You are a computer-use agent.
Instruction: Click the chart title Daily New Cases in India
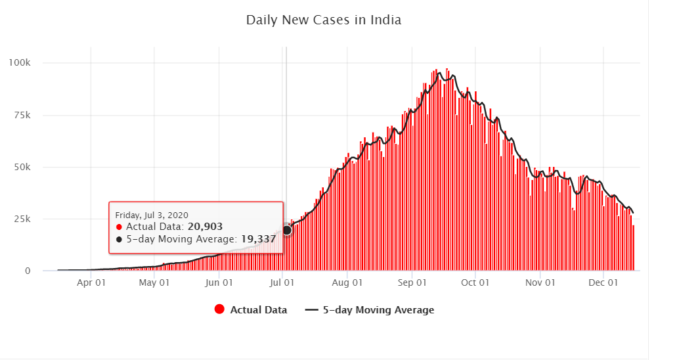[x=323, y=20]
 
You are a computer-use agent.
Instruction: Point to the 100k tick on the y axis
[x=20, y=63]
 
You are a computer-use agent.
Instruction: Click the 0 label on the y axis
[x=28, y=271]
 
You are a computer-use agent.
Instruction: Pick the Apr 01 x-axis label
[x=92, y=283]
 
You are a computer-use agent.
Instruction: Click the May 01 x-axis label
[x=156, y=283]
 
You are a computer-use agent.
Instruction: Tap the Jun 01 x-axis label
[x=219, y=283]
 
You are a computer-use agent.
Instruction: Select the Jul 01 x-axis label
[x=282, y=283]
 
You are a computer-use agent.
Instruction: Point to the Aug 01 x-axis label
[x=347, y=283]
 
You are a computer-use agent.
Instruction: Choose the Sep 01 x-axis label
[x=412, y=283]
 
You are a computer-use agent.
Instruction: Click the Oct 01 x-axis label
[x=475, y=283]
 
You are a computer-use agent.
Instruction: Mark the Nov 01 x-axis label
[x=540, y=283]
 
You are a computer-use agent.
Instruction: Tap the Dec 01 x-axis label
[x=603, y=283]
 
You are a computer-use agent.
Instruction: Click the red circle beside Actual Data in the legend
[x=219, y=310]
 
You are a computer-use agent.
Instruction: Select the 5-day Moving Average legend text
[x=378, y=310]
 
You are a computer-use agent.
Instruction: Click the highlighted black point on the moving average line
[x=287, y=230]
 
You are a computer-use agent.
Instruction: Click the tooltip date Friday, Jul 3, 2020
[x=152, y=215]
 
